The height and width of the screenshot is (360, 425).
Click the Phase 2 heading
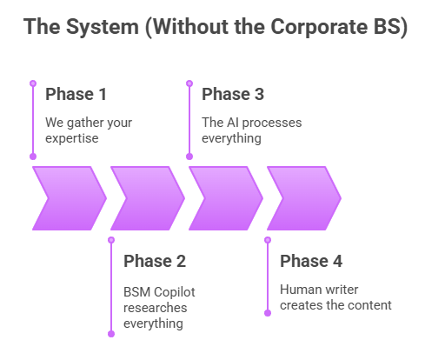(154, 261)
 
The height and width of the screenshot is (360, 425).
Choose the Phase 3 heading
(232, 94)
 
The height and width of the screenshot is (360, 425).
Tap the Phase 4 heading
(310, 261)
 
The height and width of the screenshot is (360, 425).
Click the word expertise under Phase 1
(73, 137)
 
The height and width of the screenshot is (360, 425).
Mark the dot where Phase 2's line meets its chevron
(110, 239)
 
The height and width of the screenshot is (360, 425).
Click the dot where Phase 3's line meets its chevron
(189, 157)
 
